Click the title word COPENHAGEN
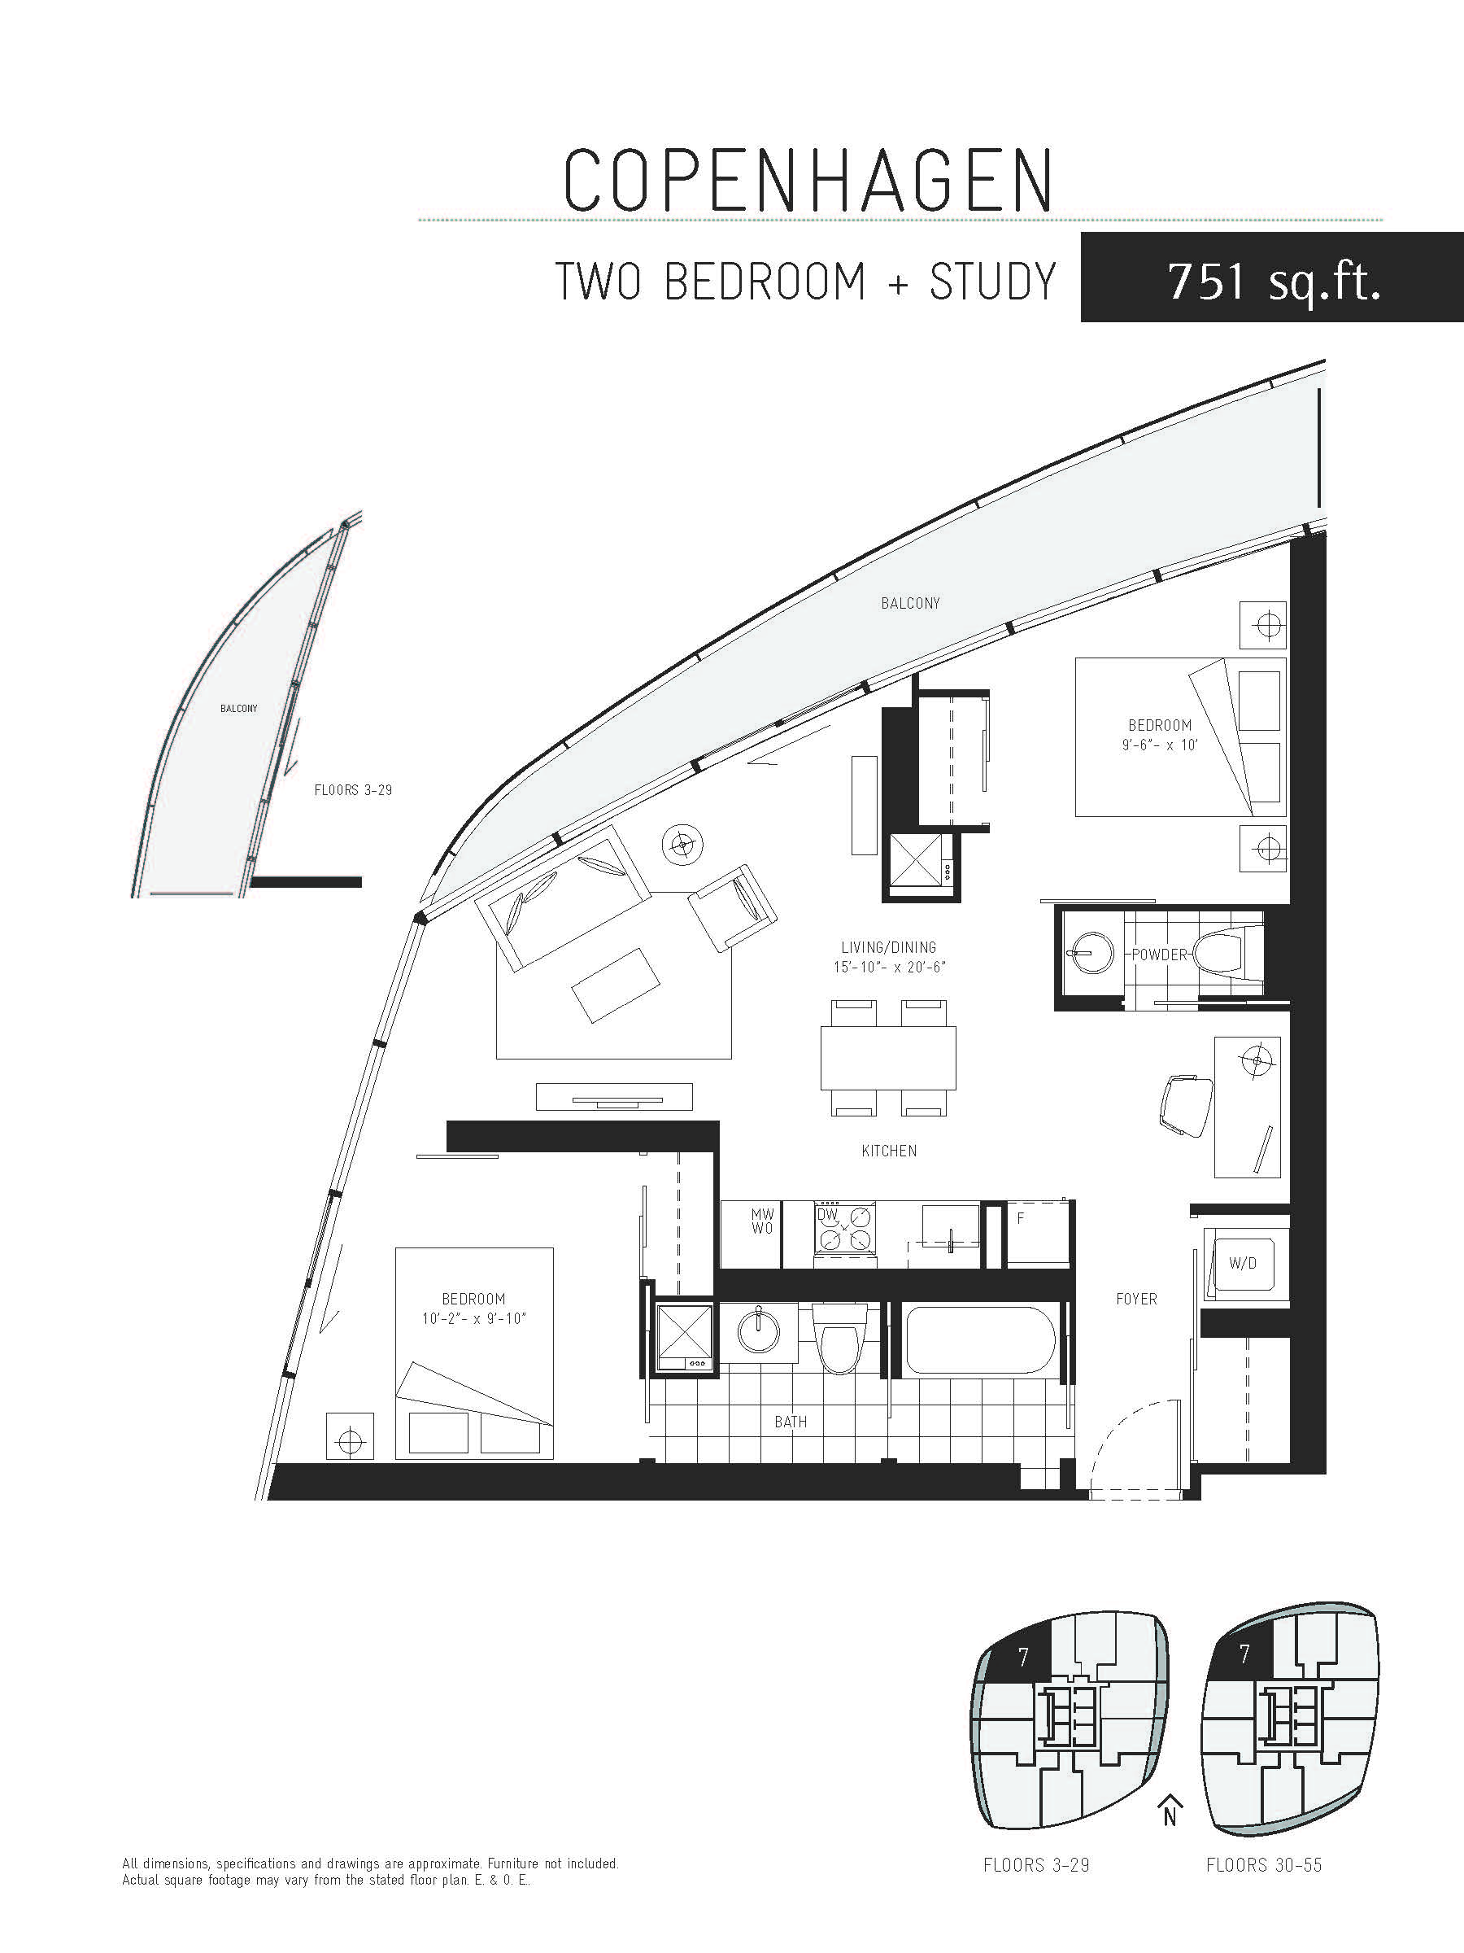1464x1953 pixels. pos(808,181)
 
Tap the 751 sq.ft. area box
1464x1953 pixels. pos(1271,277)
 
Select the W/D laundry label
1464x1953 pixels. pos(1243,1264)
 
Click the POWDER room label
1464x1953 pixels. pos(1159,955)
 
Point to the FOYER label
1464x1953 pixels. pos(1135,1299)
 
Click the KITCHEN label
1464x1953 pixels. pos(889,1151)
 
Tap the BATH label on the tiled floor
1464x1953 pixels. pos(790,1422)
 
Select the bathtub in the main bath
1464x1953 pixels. pos(980,1339)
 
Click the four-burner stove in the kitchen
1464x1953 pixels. pos(844,1228)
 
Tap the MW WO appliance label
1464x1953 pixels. pos(762,1222)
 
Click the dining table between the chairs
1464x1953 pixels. pos(888,1058)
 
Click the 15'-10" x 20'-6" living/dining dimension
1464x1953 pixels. pos(889,967)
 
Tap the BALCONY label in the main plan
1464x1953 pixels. pos(910,603)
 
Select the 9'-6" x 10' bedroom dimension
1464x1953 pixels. pos(1160,745)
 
